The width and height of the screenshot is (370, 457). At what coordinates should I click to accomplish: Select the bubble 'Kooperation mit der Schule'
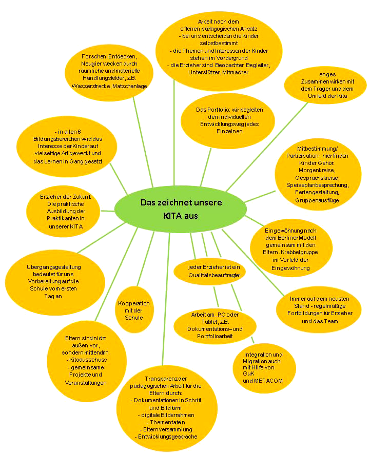pos(134,310)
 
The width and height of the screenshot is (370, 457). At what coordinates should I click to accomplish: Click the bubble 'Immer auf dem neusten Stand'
pos(319,309)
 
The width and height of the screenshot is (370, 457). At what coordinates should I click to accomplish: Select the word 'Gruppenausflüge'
pos(317,200)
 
